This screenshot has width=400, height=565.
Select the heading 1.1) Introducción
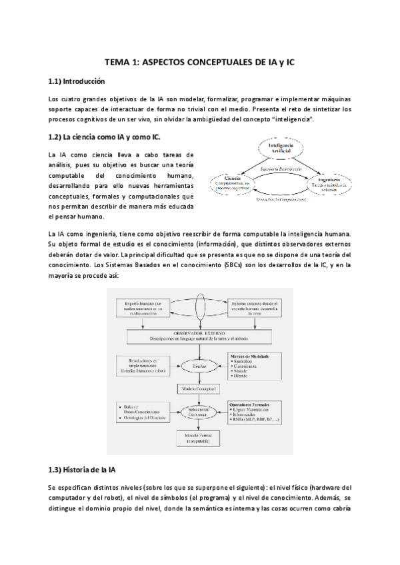[x=77, y=82]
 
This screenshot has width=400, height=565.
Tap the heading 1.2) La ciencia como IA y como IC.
[x=105, y=138]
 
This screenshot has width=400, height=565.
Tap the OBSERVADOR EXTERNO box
[x=200, y=338]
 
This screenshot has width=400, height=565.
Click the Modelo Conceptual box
[x=200, y=388]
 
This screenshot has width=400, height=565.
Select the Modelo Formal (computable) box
[x=200, y=438]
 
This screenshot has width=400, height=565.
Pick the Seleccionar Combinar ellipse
[x=200, y=412]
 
